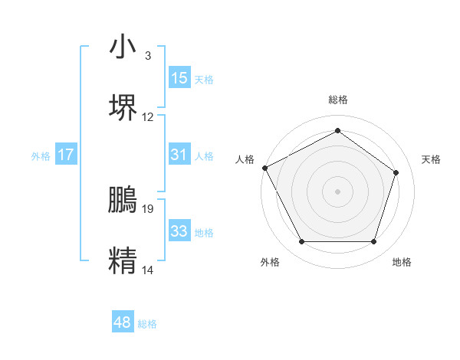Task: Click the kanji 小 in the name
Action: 123,47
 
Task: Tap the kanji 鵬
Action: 123,199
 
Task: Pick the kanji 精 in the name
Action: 123,259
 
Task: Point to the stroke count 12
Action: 148,117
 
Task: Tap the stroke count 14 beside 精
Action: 148,270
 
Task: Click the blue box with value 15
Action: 179,78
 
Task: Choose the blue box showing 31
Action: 179,155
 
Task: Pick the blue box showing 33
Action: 179,231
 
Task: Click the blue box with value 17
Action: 66,155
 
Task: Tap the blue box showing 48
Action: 123,323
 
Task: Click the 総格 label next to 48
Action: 147,324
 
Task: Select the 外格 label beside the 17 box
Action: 41,155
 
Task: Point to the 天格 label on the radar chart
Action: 432,159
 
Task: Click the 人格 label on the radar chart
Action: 245,159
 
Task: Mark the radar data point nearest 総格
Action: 337,130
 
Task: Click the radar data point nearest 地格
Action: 374,242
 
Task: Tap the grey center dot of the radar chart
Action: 337,191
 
